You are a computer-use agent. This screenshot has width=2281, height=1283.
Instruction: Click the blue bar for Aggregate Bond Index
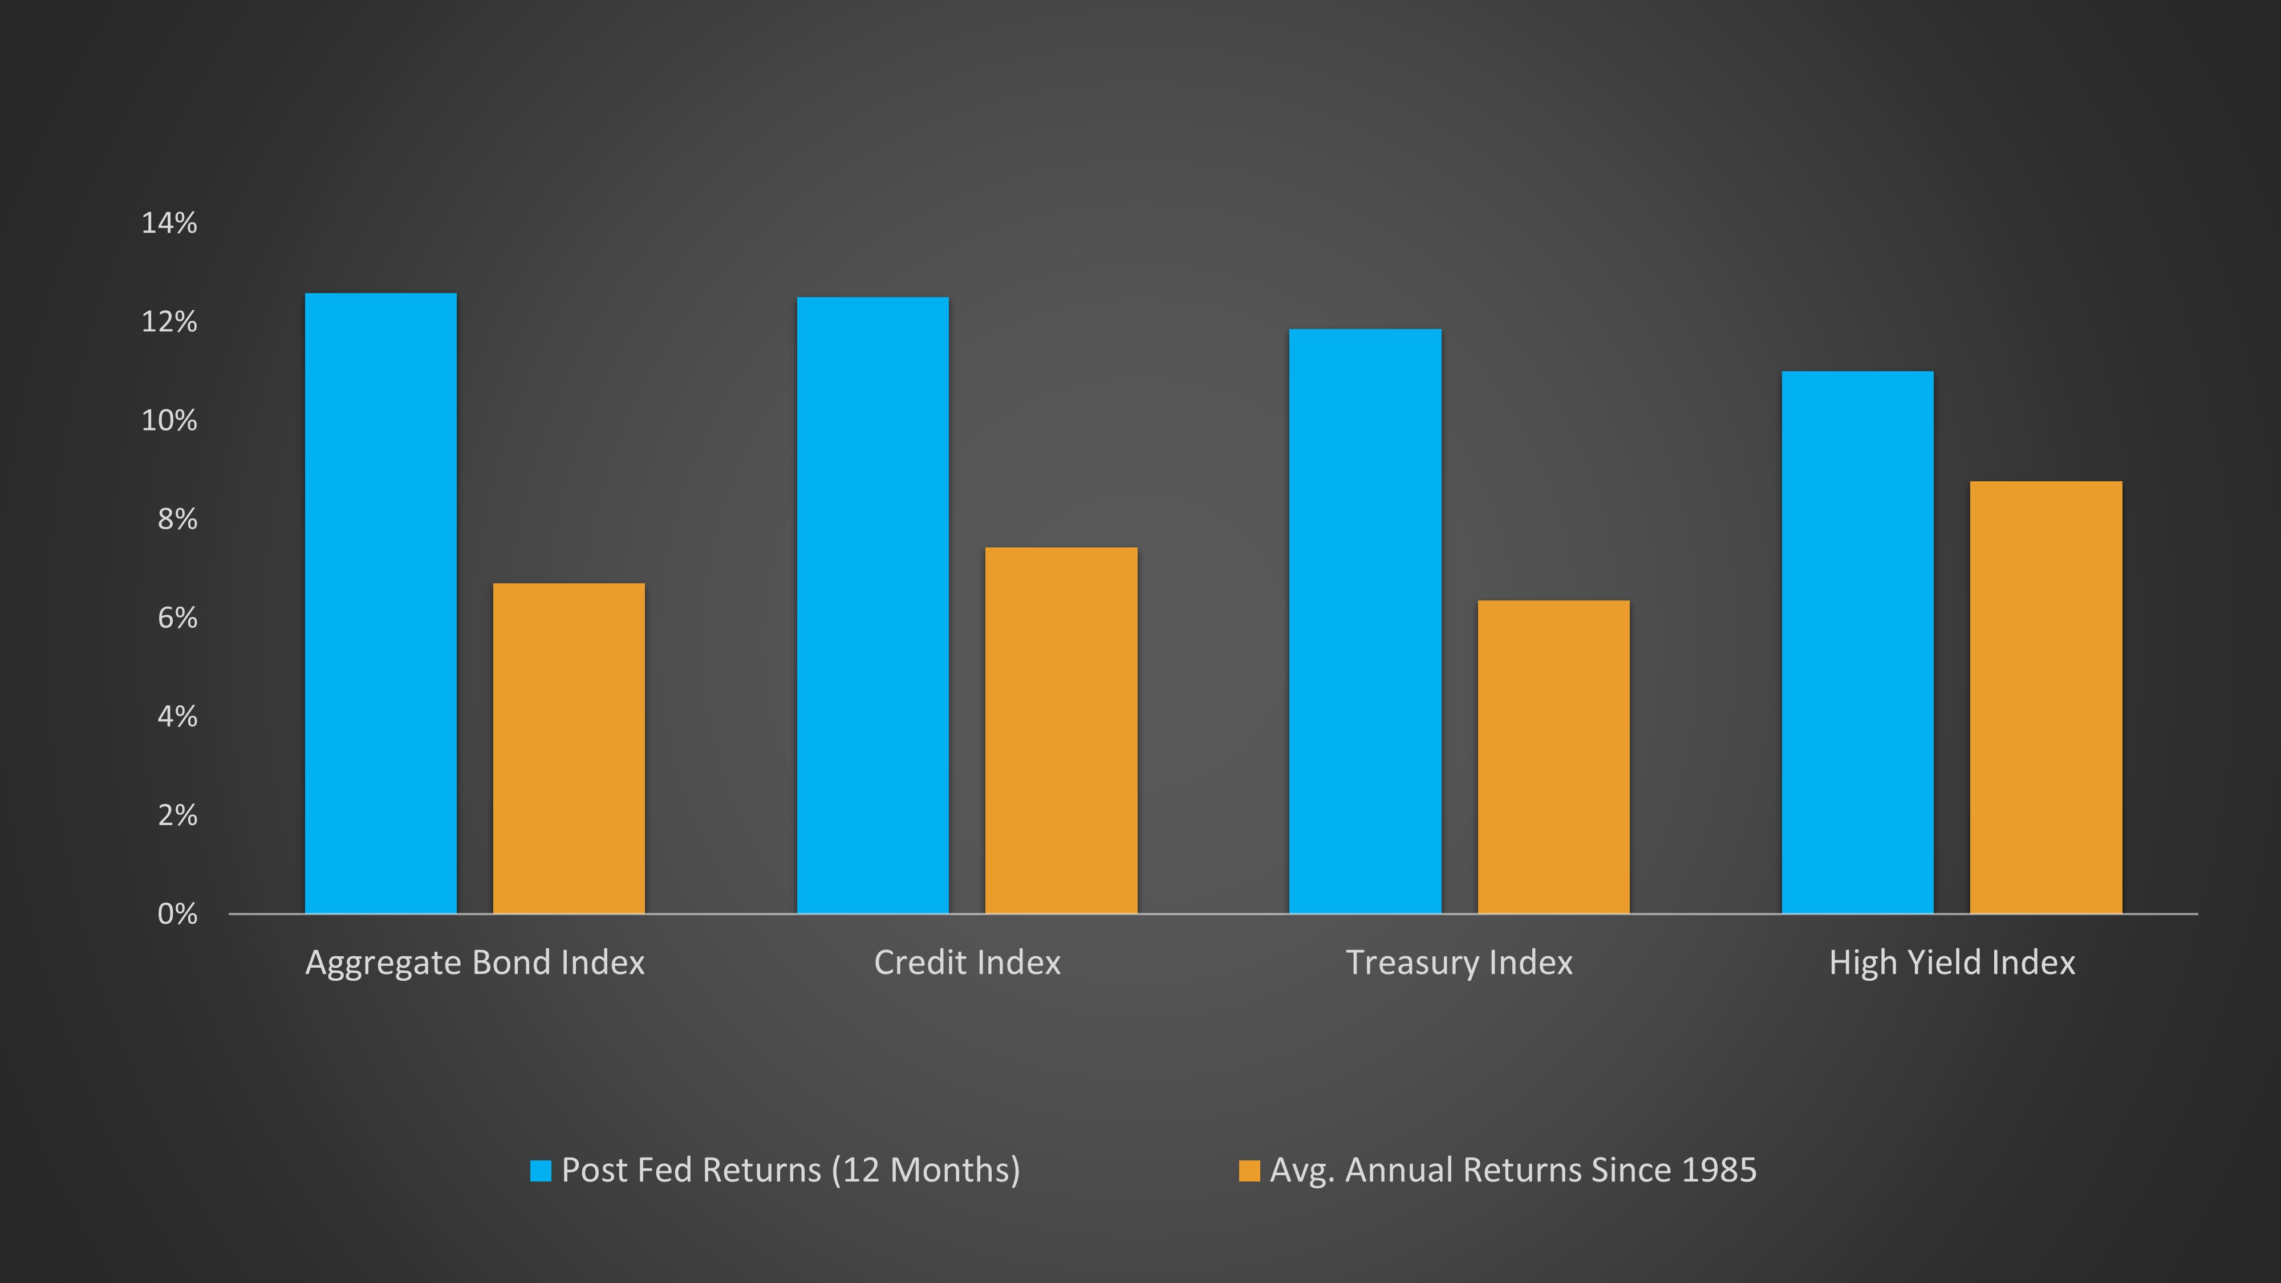[x=381, y=603]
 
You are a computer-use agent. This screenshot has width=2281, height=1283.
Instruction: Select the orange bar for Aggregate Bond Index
[x=569, y=748]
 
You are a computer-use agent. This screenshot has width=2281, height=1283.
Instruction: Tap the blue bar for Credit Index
[x=873, y=605]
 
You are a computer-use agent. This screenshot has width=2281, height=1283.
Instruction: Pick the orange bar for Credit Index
[x=1061, y=730]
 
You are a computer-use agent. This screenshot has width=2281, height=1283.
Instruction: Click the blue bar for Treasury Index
[x=1365, y=621]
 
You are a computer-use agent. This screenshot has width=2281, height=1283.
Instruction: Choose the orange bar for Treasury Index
[x=1553, y=757]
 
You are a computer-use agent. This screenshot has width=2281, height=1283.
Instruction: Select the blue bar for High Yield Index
[x=1858, y=642]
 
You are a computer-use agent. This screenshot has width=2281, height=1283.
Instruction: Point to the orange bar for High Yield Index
[x=2045, y=697]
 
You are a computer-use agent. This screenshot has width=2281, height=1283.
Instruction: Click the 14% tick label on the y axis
[x=169, y=223]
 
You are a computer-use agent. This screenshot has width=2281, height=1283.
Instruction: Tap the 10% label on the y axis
[x=169, y=421]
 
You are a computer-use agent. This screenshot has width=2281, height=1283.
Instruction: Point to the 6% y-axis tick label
[x=177, y=618]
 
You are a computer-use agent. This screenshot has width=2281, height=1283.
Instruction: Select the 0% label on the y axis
[x=177, y=913]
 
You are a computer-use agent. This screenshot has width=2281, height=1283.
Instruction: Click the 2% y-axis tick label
[x=177, y=815]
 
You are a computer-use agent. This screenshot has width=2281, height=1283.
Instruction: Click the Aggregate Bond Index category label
[x=474, y=963]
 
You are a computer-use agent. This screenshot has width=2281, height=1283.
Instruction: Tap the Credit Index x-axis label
[x=967, y=963]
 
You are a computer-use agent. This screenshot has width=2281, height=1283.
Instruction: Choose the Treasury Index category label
[x=1459, y=963]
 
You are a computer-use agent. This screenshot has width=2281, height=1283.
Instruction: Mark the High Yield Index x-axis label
[x=1951, y=963]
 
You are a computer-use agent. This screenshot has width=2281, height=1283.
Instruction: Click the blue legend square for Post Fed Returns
[x=540, y=1171]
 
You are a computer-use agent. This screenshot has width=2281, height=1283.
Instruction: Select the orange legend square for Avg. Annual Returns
[x=1248, y=1171]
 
